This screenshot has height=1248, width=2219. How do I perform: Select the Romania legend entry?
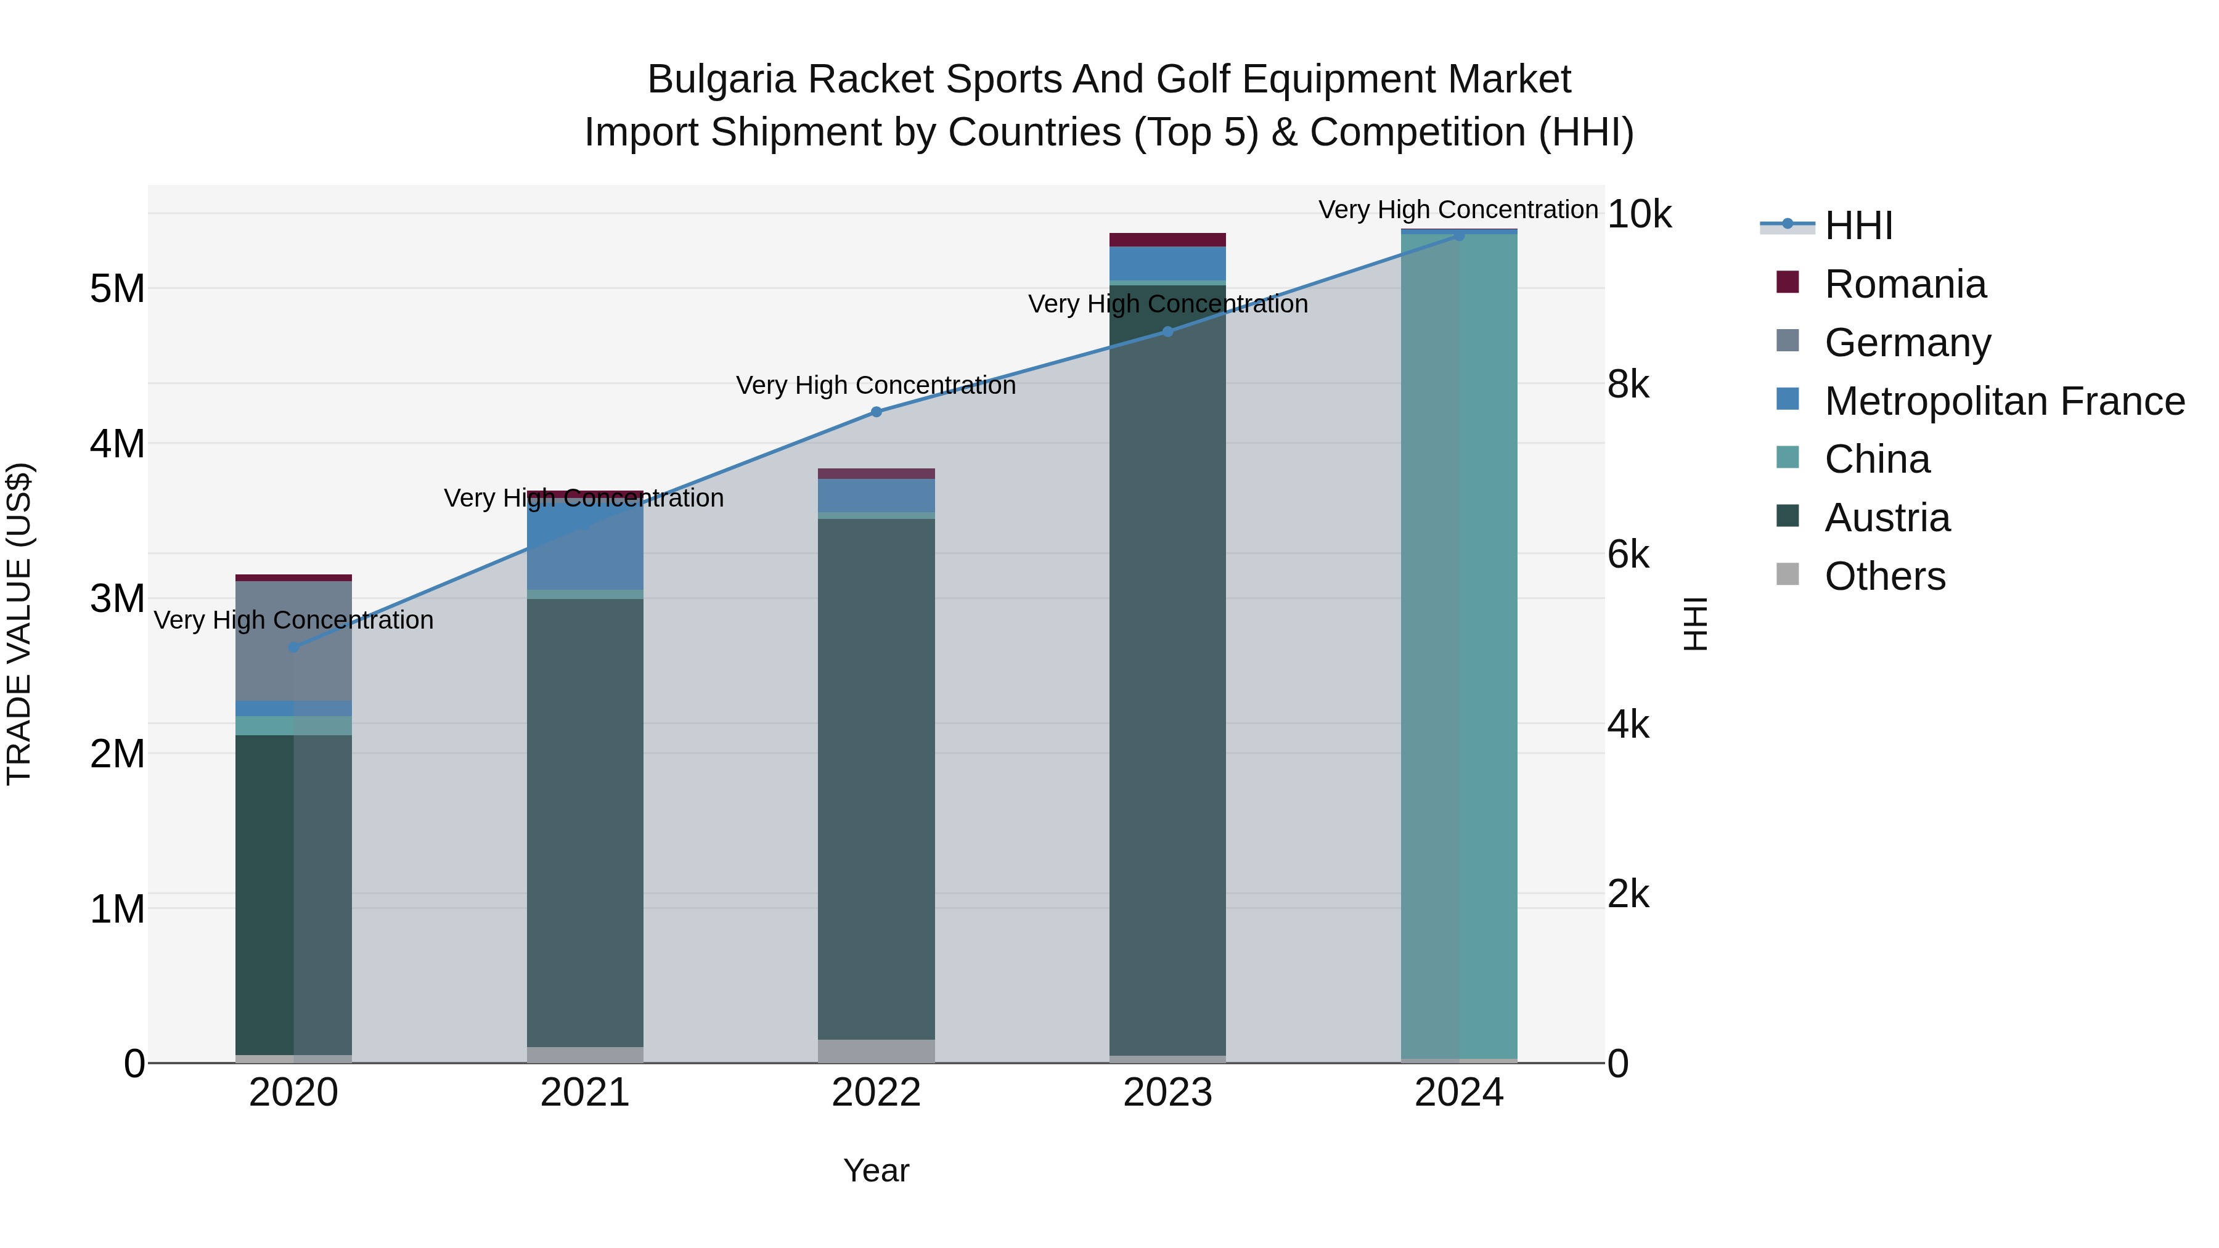[1905, 284]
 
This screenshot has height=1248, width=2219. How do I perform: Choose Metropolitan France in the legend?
[2004, 401]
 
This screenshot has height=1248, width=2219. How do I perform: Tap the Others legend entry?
[1885, 576]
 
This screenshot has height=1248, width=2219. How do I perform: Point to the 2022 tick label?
[876, 1093]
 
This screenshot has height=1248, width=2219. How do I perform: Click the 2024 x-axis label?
[1458, 1093]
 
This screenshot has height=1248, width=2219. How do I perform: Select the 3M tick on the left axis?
[117, 598]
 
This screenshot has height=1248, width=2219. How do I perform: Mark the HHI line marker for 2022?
[876, 412]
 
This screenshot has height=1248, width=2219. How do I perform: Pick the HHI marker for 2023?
[1167, 332]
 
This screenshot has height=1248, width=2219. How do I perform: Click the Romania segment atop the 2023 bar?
[1167, 240]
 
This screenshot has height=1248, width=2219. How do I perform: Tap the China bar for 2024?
[1458, 646]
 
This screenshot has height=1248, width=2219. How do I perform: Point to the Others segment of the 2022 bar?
[876, 1051]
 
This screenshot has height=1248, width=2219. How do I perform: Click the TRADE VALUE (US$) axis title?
[19, 624]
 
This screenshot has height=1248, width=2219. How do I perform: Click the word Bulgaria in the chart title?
[720, 80]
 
